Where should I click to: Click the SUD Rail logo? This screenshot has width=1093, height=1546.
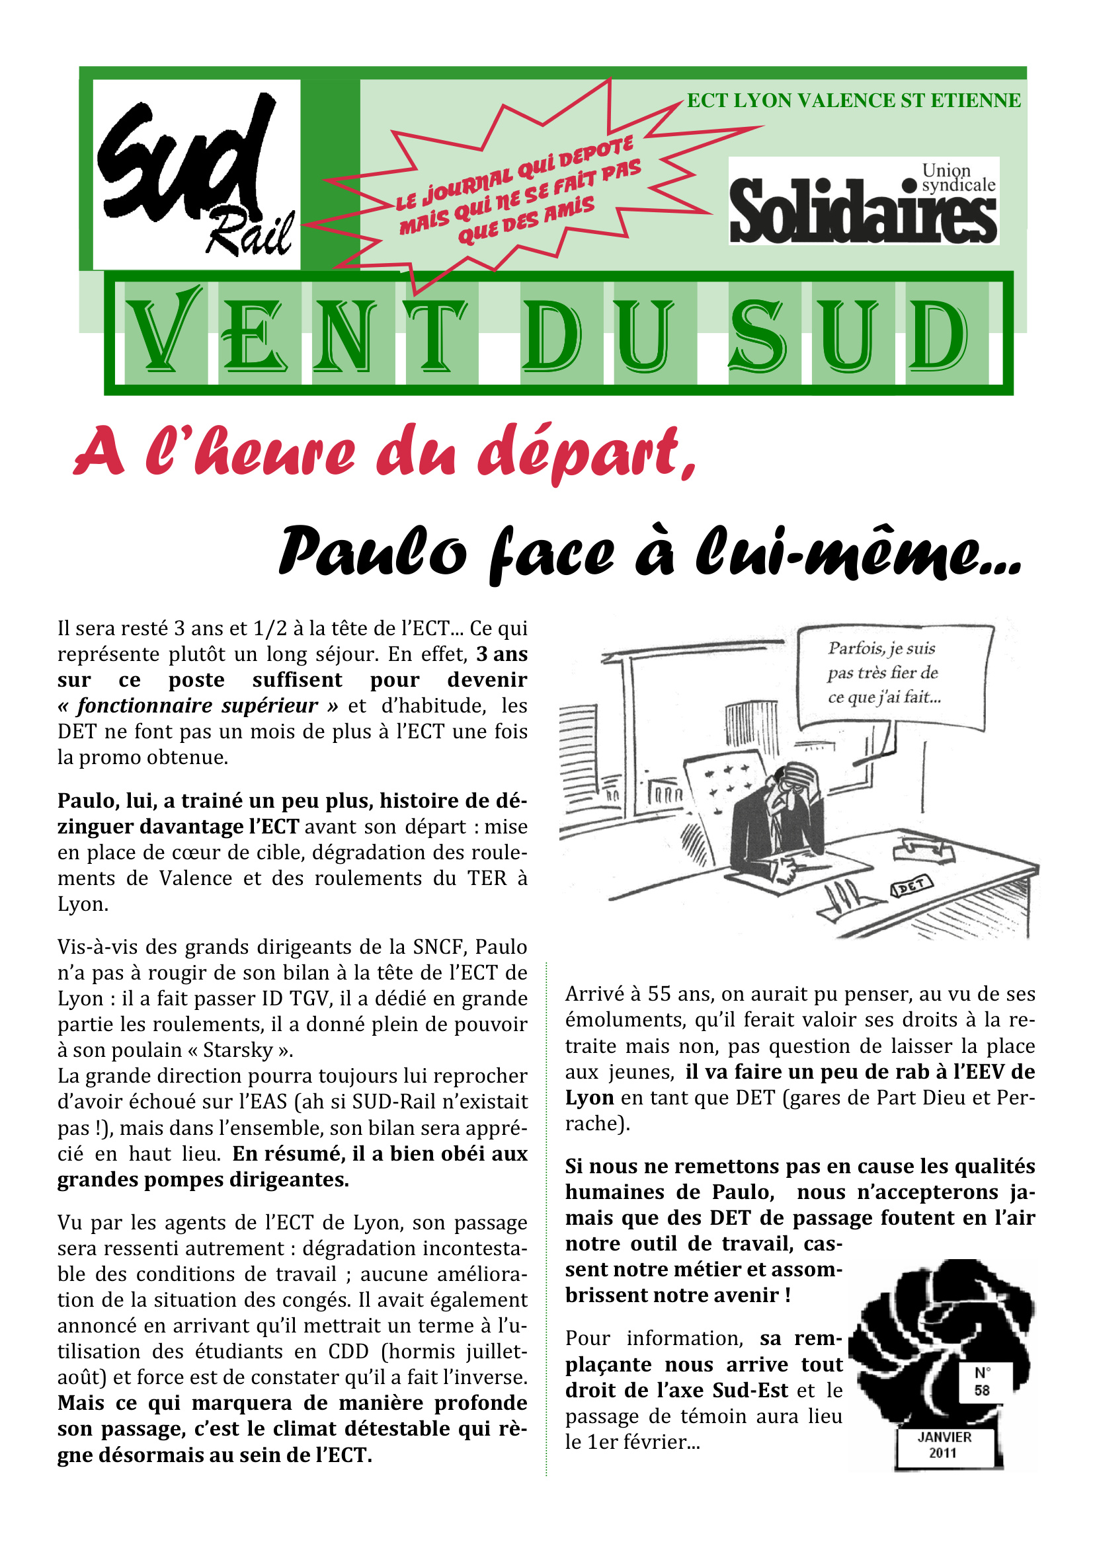[x=196, y=175]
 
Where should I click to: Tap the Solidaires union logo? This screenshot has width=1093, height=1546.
[x=864, y=202]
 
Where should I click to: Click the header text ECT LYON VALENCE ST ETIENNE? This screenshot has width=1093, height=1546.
[x=853, y=101]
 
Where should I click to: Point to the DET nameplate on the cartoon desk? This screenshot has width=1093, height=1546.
[x=912, y=888]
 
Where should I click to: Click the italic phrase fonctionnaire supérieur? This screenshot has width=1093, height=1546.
[x=196, y=706]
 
